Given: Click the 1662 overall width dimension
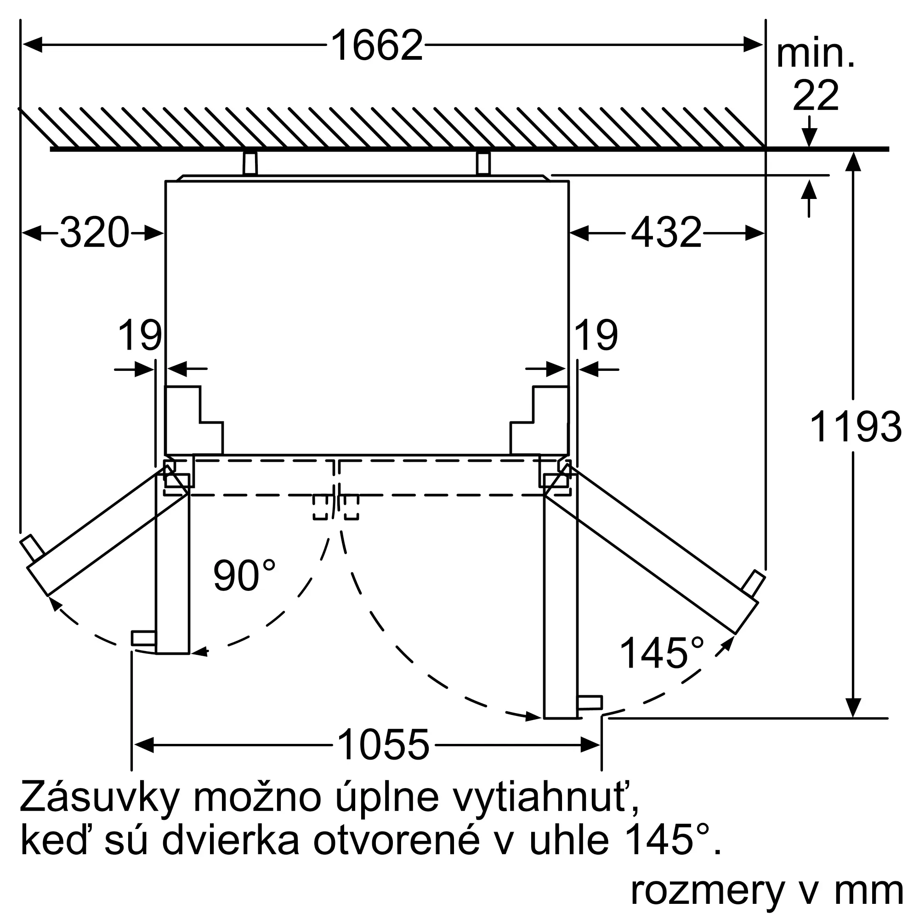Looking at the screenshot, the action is point(376,45).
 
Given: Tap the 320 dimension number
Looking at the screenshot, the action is point(95,233).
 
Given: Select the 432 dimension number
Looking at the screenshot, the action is point(666,233).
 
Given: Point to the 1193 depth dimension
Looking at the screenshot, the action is point(855,427).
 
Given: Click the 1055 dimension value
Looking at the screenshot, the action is point(383,744).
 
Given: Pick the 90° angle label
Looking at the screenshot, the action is point(244,576).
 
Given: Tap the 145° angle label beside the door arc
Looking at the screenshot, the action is point(662,653).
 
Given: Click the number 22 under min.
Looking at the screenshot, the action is point(815,96).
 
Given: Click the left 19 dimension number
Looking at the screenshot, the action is point(139,335).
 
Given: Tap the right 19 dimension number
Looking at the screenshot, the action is point(596,335).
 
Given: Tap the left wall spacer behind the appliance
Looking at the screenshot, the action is point(250,163).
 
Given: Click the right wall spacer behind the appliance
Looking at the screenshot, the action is point(483,163).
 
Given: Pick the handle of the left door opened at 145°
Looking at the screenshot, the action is point(32,548).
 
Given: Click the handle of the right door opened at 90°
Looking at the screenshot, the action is point(590,703).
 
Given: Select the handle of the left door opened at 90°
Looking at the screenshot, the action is point(143,638).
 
